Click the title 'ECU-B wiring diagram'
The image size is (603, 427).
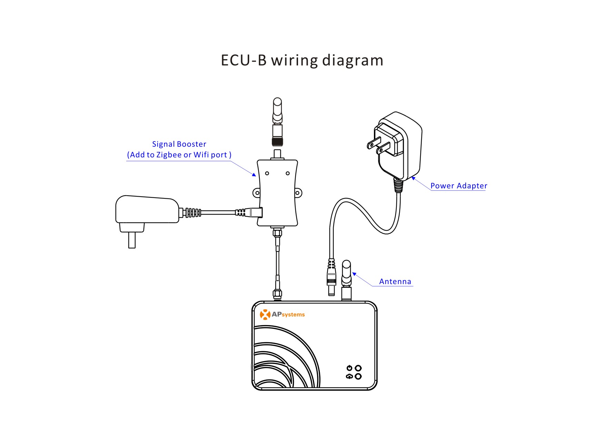302,60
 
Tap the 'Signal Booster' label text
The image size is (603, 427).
179,144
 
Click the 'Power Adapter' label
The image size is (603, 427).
459,186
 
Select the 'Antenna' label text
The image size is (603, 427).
395,281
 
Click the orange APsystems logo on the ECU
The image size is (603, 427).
282,314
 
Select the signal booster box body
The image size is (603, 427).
277,193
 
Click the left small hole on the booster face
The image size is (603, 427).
267,173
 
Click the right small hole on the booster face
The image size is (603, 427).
288,173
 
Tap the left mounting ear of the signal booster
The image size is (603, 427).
257,193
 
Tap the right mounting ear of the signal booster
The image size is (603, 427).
298,193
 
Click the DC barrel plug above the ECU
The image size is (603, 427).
331,278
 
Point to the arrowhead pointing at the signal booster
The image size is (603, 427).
254,175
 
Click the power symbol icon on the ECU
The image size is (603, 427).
349,368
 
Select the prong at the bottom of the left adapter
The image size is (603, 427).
132,240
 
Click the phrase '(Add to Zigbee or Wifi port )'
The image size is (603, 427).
179,155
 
